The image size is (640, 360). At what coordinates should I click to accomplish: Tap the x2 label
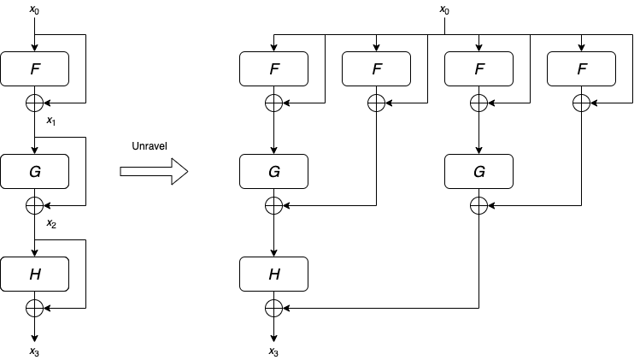(50, 224)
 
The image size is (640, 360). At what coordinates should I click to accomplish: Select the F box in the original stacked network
(34, 68)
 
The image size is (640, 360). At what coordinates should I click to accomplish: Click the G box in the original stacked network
(34, 171)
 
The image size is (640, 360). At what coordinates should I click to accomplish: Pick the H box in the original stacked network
(34, 274)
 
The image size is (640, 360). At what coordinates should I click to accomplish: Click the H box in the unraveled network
(273, 274)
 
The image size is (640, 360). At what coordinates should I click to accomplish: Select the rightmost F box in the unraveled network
(581, 68)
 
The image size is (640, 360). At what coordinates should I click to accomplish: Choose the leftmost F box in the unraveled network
(273, 68)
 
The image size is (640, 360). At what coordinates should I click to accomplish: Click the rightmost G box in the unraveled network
(479, 171)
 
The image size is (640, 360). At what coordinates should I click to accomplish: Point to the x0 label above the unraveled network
(444, 10)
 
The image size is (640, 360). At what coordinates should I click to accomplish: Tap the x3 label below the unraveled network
(273, 351)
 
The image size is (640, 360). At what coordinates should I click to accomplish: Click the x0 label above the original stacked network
(34, 10)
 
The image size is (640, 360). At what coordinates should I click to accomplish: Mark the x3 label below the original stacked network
(34, 351)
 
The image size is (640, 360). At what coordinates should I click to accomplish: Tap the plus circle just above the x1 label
(34, 103)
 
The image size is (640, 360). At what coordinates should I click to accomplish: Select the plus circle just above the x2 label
(34, 205)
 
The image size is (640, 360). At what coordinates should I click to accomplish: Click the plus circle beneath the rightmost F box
(581, 103)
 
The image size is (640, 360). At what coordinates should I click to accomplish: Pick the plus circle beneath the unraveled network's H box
(273, 308)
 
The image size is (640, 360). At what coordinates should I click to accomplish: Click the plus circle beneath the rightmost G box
(479, 205)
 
